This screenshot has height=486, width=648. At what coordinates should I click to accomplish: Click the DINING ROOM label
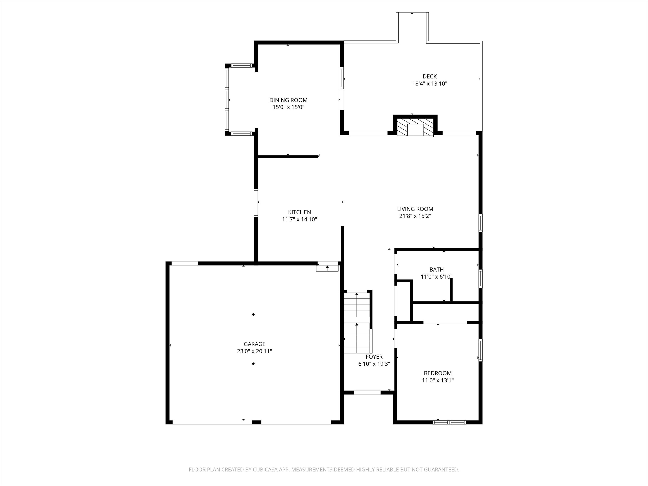288,100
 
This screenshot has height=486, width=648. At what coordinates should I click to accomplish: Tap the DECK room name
429,76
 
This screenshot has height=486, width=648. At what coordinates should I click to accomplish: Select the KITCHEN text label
299,212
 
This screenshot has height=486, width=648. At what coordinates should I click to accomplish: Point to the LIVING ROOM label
415,209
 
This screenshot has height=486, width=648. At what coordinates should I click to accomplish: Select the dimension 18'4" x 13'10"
429,84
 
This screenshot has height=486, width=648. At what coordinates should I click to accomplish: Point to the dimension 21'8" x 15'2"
415,216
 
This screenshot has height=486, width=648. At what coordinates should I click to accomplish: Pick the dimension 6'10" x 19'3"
374,364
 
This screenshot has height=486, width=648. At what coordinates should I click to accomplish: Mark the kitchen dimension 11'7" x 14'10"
299,219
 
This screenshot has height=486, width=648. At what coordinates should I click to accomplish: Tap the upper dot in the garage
253,314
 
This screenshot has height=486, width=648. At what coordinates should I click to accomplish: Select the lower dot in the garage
253,363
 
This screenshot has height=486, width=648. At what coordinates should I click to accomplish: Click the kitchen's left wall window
256,203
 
